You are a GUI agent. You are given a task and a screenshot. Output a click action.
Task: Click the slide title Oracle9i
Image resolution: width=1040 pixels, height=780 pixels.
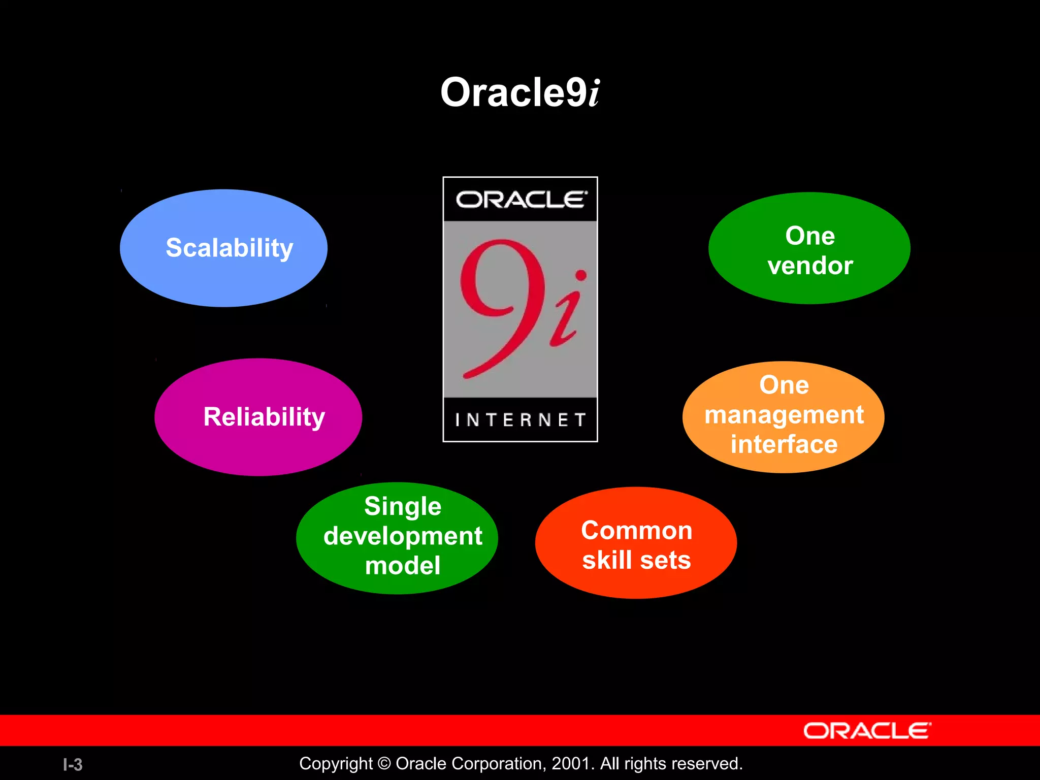pyautogui.click(x=520, y=93)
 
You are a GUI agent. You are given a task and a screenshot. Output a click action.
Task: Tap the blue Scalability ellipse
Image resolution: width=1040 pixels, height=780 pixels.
pyautogui.click(x=224, y=248)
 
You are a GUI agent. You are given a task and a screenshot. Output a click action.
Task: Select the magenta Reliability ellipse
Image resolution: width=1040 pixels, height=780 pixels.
pyautogui.click(x=258, y=417)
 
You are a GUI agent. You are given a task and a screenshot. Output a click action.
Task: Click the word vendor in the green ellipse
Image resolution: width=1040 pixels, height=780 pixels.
pyautogui.click(x=810, y=266)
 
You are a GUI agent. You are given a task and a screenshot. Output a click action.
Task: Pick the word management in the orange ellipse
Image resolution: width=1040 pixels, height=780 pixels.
pyautogui.click(x=784, y=415)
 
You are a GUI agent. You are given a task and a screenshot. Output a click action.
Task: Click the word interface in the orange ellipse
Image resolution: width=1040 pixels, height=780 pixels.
pyautogui.click(x=784, y=444)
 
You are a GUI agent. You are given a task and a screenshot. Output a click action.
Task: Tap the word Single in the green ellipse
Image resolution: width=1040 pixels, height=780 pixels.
pyautogui.click(x=403, y=506)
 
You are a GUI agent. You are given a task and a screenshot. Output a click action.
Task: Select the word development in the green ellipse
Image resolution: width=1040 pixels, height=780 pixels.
pyautogui.click(x=403, y=536)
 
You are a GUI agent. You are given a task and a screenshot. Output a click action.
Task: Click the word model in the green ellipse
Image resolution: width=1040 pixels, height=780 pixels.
pyautogui.click(x=403, y=566)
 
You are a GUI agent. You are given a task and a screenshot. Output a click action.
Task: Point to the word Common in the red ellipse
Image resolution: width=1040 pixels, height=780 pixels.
pyautogui.click(x=636, y=531)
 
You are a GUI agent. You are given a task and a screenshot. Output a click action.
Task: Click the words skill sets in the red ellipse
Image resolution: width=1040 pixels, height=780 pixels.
pyautogui.click(x=636, y=560)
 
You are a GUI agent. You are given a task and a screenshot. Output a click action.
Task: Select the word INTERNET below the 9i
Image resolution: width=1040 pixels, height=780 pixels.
pyautogui.click(x=520, y=420)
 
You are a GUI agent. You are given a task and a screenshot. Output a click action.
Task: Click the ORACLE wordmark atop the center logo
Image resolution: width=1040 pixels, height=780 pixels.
pyautogui.click(x=521, y=200)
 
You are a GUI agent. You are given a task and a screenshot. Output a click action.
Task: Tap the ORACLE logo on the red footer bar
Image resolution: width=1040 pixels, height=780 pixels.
pyautogui.click(x=867, y=731)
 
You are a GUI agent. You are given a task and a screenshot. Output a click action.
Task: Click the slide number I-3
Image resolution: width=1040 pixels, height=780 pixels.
pyautogui.click(x=73, y=764)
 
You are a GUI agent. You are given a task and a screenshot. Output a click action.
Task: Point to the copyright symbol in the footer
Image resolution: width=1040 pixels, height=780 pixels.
pyautogui.click(x=384, y=764)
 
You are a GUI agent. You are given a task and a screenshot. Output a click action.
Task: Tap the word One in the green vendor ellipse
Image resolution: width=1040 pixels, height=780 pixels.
pyautogui.click(x=810, y=236)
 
